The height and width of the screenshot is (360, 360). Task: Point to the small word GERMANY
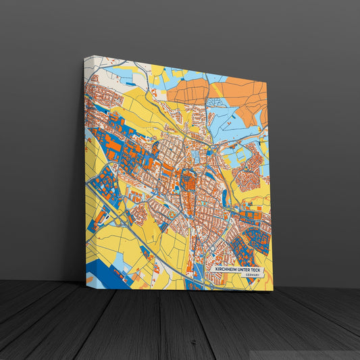[253, 276]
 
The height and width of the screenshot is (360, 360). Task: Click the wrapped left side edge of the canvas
[84, 169]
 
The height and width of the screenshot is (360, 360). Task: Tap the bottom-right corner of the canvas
[273, 290]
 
